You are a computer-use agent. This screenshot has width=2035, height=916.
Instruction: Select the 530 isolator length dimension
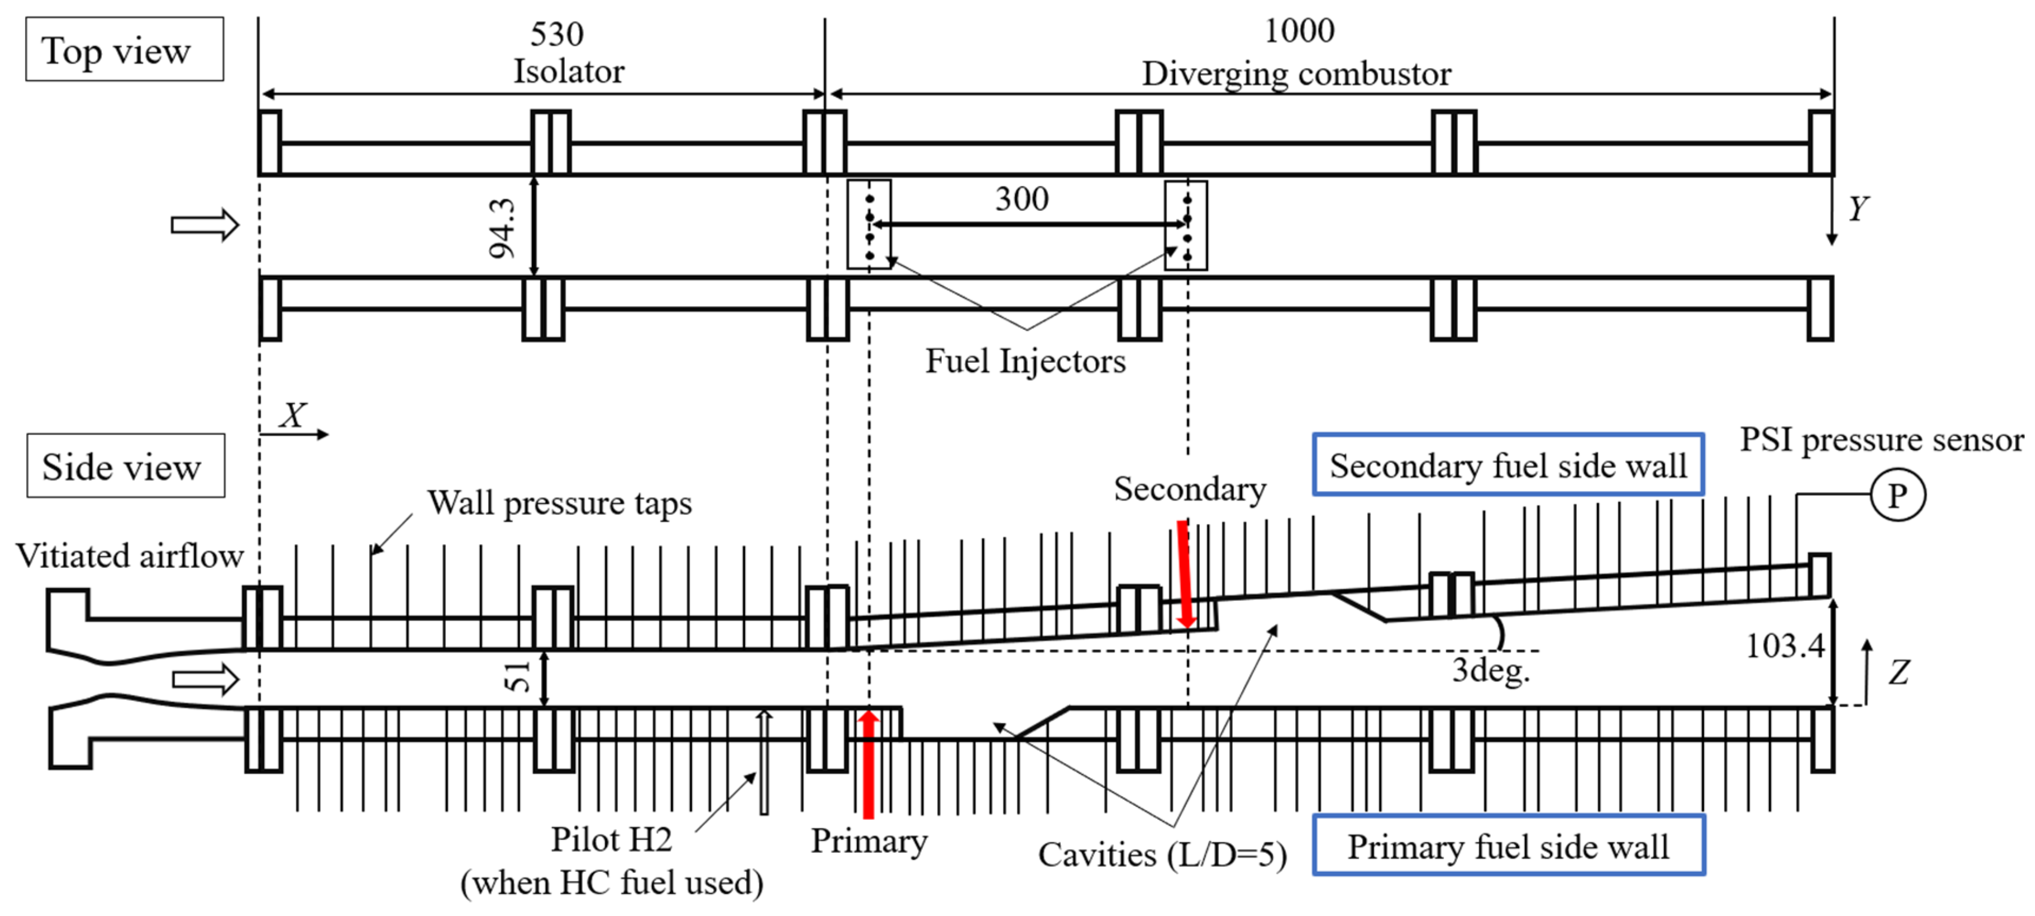coord(556,35)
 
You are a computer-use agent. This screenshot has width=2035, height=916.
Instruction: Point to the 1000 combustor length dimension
coord(1299,31)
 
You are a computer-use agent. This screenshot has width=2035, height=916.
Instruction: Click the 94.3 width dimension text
coord(502,228)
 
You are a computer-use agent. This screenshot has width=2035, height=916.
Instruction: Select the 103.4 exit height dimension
coord(1784,647)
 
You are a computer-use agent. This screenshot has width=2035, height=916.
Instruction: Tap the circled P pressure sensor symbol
coord(1897,496)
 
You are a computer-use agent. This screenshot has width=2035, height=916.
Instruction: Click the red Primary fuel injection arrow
coord(868,762)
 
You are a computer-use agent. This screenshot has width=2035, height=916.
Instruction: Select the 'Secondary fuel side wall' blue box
coord(1507,465)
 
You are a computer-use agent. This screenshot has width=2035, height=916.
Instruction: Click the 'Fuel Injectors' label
coord(1025,361)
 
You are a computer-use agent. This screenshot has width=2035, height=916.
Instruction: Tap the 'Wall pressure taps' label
coord(559,503)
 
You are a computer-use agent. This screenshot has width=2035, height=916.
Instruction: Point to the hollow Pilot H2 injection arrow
coord(763,762)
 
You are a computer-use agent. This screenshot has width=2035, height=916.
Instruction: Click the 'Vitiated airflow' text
coord(130,556)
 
